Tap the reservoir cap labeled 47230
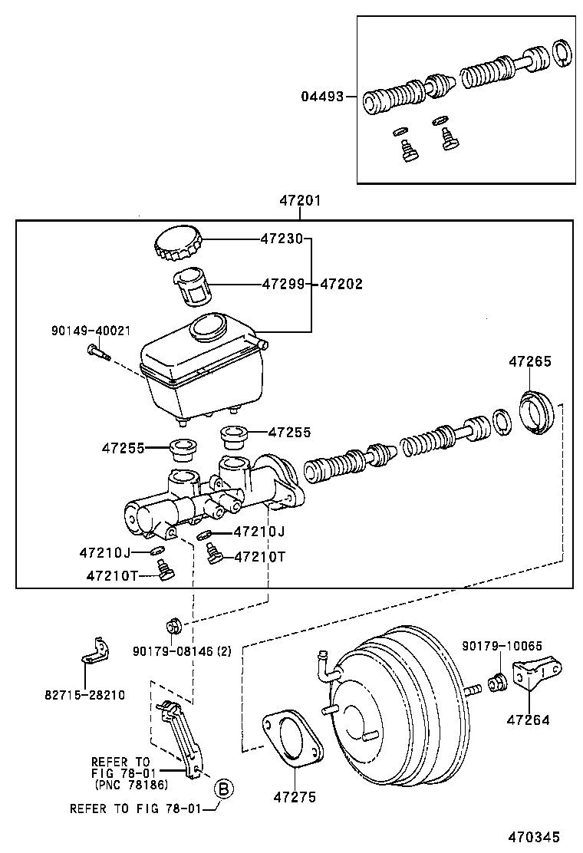(179, 244)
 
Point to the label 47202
(341, 284)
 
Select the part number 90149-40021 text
(91, 331)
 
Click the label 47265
(529, 362)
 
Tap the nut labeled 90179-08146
(173, 625)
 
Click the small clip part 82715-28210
(93, 650)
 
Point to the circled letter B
(222, 788)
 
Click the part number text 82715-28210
(84, 695)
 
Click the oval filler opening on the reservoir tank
(207, 328)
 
